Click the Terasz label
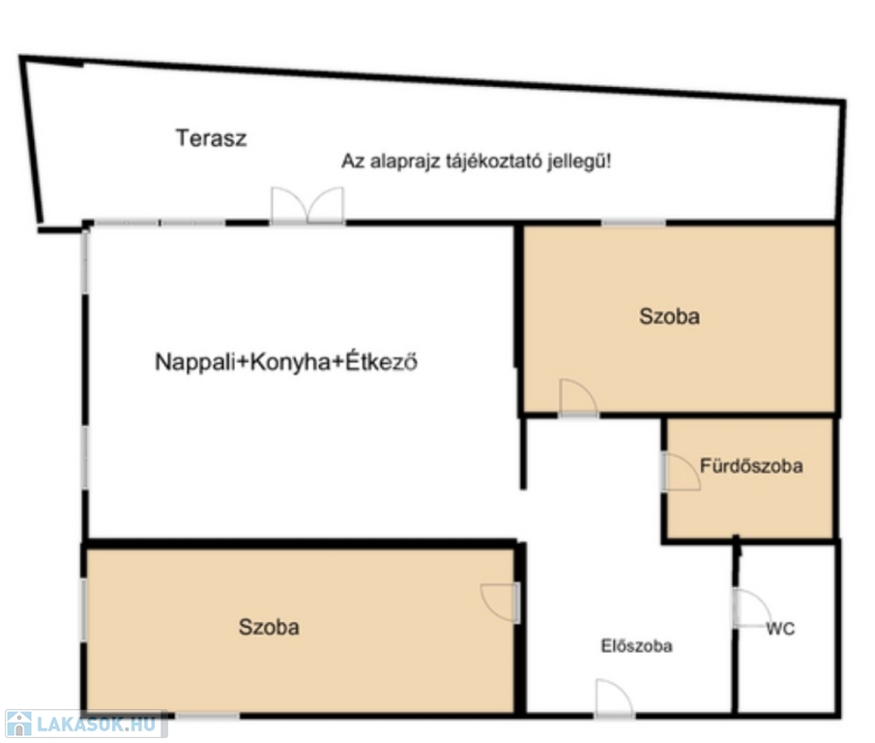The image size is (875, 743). point(211,138)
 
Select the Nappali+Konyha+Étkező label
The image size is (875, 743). point(286,362)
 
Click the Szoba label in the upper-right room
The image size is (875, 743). point(669,316)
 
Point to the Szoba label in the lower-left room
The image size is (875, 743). point(269,627)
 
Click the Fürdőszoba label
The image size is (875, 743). point(751,465)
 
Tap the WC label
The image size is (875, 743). point(780,629)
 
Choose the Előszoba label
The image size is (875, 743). point(636,646)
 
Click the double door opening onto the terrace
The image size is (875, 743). point(307,206)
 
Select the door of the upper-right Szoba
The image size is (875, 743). point(578,398)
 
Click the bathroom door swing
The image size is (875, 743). point(681,472)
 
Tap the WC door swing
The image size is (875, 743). point(752,608)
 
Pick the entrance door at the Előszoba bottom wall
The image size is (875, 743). point(614,698)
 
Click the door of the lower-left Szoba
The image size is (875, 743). point(501,603)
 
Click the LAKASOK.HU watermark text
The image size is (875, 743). point(96,724)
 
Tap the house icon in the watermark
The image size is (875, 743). point(19,724)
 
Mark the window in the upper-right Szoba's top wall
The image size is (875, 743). point(633,223)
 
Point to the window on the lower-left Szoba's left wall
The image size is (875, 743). point(84,610)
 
